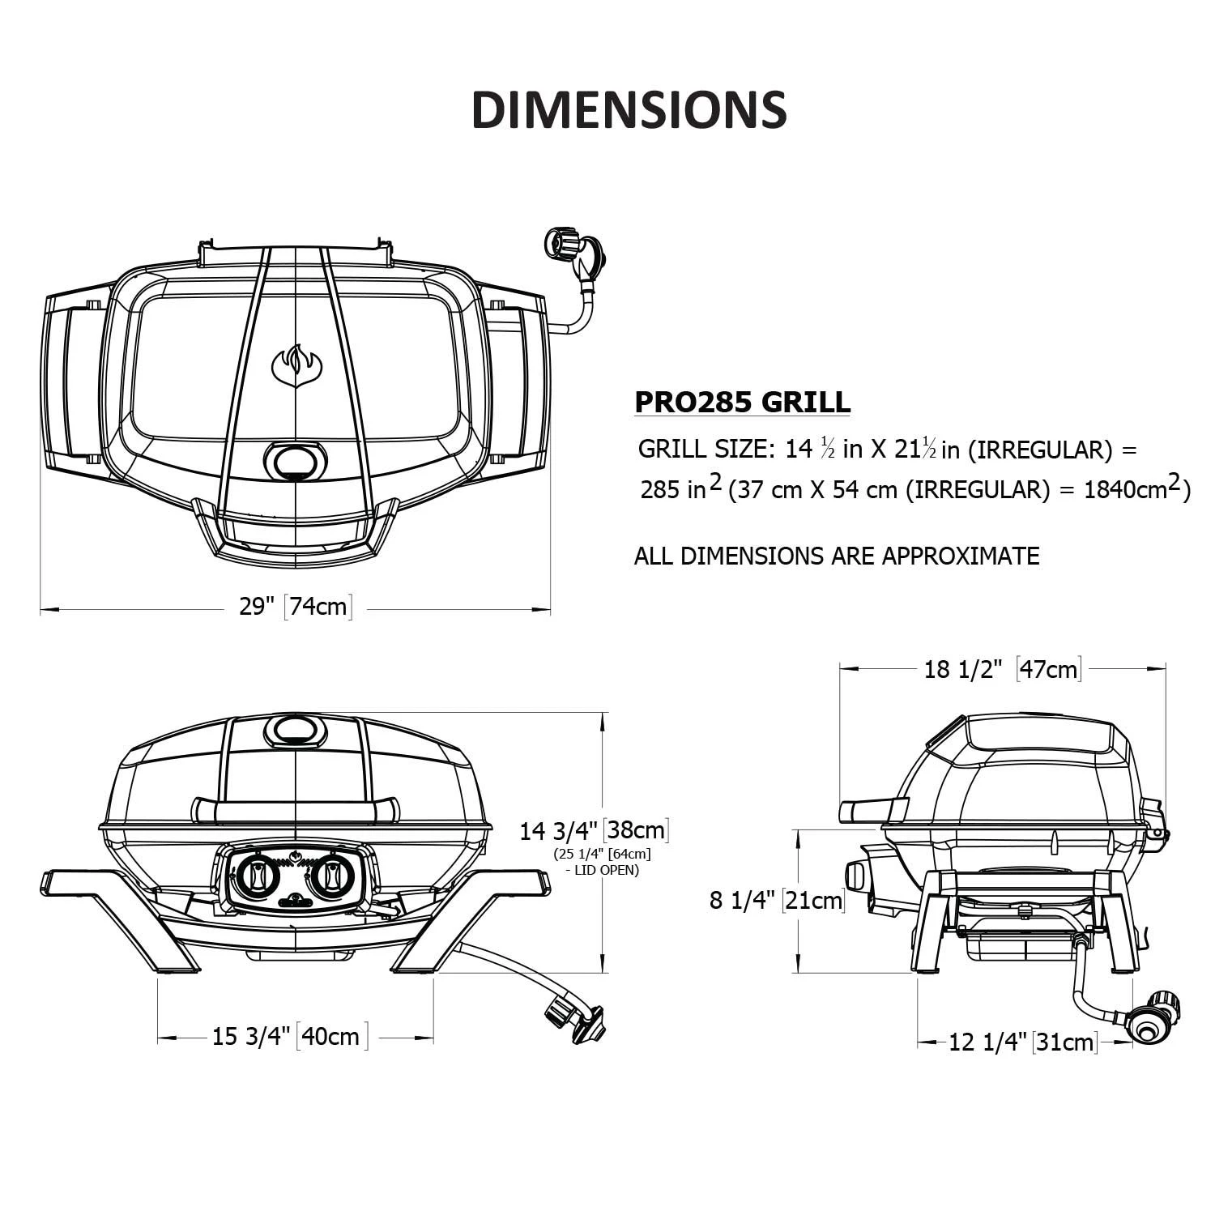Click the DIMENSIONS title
[629, 109]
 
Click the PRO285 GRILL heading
[742, 402]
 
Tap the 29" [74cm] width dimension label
[295, 606]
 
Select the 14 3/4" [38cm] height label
[594, 830]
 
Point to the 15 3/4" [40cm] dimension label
[290, 1036]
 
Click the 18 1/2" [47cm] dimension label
[1003, 669]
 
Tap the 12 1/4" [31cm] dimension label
[1022, 1042]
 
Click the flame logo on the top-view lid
[296, 366]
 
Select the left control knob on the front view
[256, 876]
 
